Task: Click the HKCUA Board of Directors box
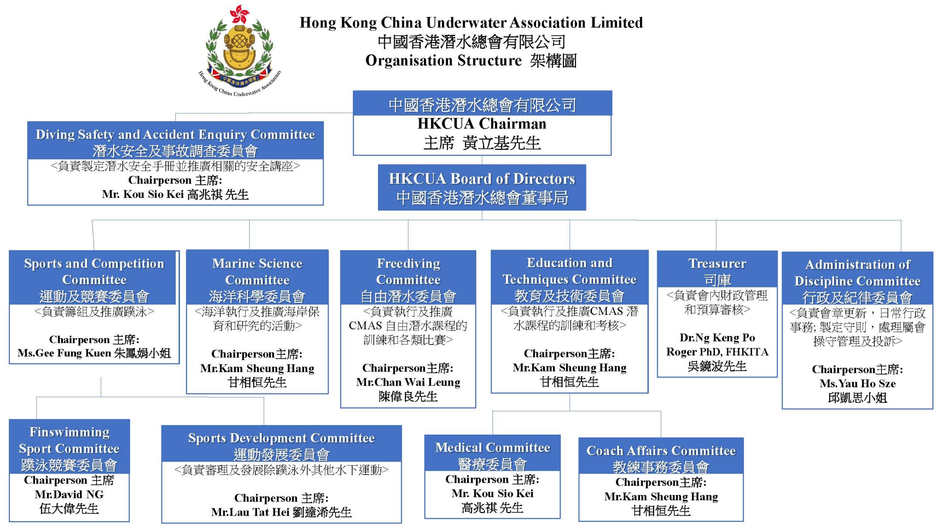pos(482,187)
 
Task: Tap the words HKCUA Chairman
pos(482,124)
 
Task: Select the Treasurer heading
pos(717,264)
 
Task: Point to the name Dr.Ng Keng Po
pos(717,338)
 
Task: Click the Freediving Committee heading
pos(408,272)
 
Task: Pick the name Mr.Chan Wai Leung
pos(408,382)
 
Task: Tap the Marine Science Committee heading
pos(257,272)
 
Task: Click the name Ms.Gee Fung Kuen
pos(64,353)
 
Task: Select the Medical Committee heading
pos(492,448)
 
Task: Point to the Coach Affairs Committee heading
pos(661,451)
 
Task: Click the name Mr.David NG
pos(69,494)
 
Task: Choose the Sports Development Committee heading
pos(281,438)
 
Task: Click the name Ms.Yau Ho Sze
pos(858,384)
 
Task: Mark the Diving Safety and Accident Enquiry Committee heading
pos(175,135)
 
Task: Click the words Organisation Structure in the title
pos(444,61)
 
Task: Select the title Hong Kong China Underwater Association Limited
pos(471,23)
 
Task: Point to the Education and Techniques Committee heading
pos(569,271)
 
